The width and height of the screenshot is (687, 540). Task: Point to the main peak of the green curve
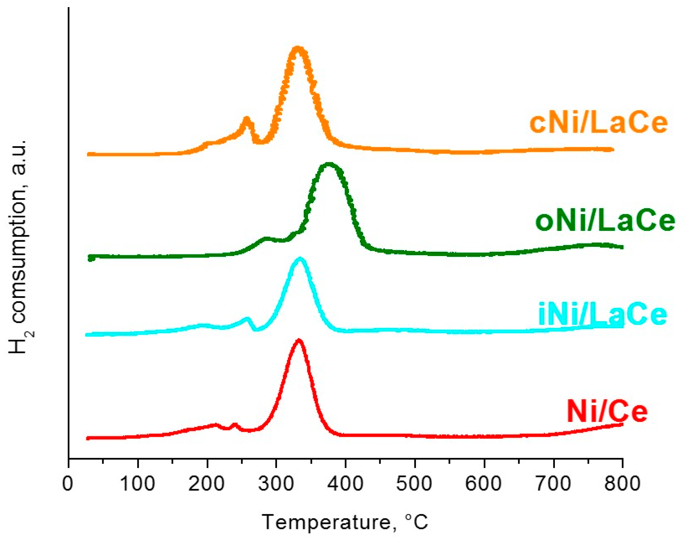click(x=329, y=165)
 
